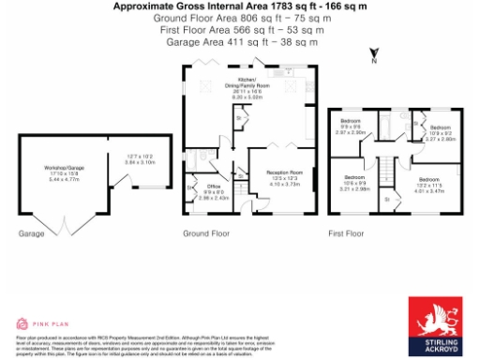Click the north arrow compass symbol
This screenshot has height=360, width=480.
(x=372, y=56)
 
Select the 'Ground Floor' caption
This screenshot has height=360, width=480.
(x=206, y=232)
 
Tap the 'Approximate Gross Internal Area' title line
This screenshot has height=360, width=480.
(x=240, y=6)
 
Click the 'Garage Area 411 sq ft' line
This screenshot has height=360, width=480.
(x=240, y=42)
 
